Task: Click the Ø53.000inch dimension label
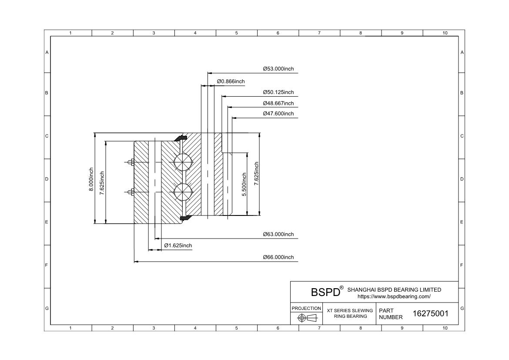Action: click(278, 69)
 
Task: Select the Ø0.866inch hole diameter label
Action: click(231, 81)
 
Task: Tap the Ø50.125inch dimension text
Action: click(278, 92)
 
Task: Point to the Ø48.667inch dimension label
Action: click(278, 103)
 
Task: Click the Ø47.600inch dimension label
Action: click(278, 113)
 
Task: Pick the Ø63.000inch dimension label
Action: click(278, 234)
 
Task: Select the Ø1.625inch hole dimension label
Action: click(178, 246)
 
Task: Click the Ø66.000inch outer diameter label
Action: click(278, 257)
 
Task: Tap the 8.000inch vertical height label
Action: click(91, 179)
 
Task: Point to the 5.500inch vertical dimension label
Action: click(244, 184)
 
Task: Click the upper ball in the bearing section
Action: click(182, 162)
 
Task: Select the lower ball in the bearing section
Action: click(182, 192)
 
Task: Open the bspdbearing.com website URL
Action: click(394, 296)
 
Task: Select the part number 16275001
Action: click(430, 313)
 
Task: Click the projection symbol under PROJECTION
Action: click(307, 318)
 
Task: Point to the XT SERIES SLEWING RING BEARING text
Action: click(350, 313)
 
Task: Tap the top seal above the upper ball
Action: click(181, 138)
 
